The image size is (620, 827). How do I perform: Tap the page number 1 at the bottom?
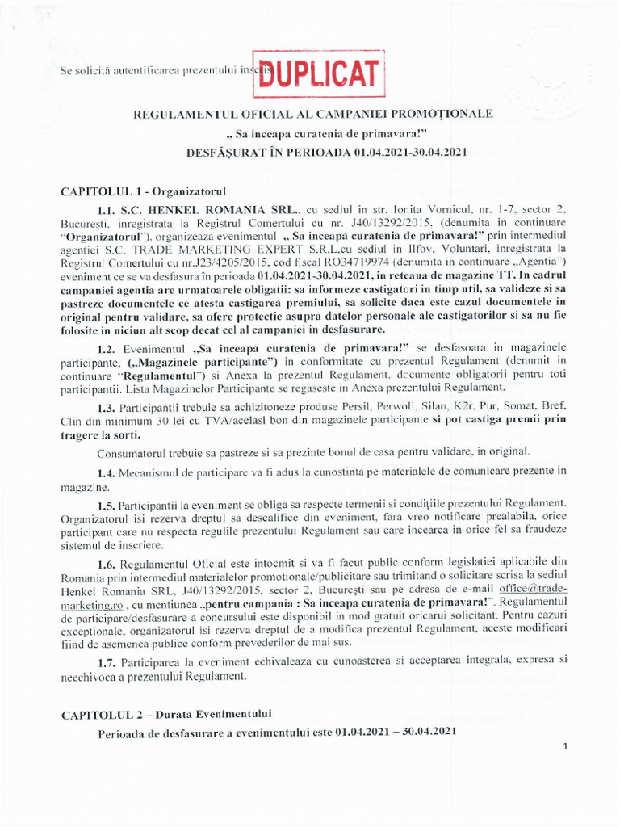(566, 747)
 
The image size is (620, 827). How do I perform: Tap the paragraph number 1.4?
(107, 471)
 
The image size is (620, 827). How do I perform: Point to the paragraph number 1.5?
(107, 503)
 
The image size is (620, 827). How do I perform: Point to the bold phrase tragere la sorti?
(98, 434)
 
